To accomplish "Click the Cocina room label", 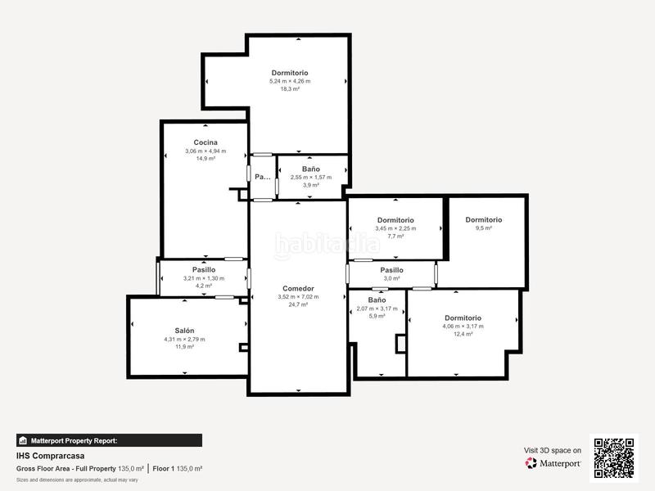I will [x=205, y=142].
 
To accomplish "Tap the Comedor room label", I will [x=298, y=288].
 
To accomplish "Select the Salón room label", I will [x=184, y=331].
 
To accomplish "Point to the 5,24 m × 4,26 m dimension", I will [x=290, y=81].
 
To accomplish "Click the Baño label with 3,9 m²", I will [x=311, y=169].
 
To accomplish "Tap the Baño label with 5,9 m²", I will [x=377, y=300].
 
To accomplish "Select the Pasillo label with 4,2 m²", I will [x=204, y=269].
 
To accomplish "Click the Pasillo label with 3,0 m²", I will [x=391, y=269].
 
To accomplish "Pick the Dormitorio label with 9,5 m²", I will [x=483, y=219].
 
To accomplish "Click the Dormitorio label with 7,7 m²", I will [x=395, y=220].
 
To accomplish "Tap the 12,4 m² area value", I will [x=463, y=334].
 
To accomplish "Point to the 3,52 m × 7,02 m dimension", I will [x=298, y=296].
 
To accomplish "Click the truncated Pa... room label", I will [x=262, y=177].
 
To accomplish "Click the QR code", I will [x=615, y=457].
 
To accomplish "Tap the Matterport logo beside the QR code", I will [x=553, y=463].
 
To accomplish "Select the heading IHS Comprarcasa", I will [x=51, y=456].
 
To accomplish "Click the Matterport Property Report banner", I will [x=109, y=440].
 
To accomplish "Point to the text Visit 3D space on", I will [x=553, y=450].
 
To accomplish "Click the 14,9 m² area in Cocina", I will [x=205, y=159].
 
